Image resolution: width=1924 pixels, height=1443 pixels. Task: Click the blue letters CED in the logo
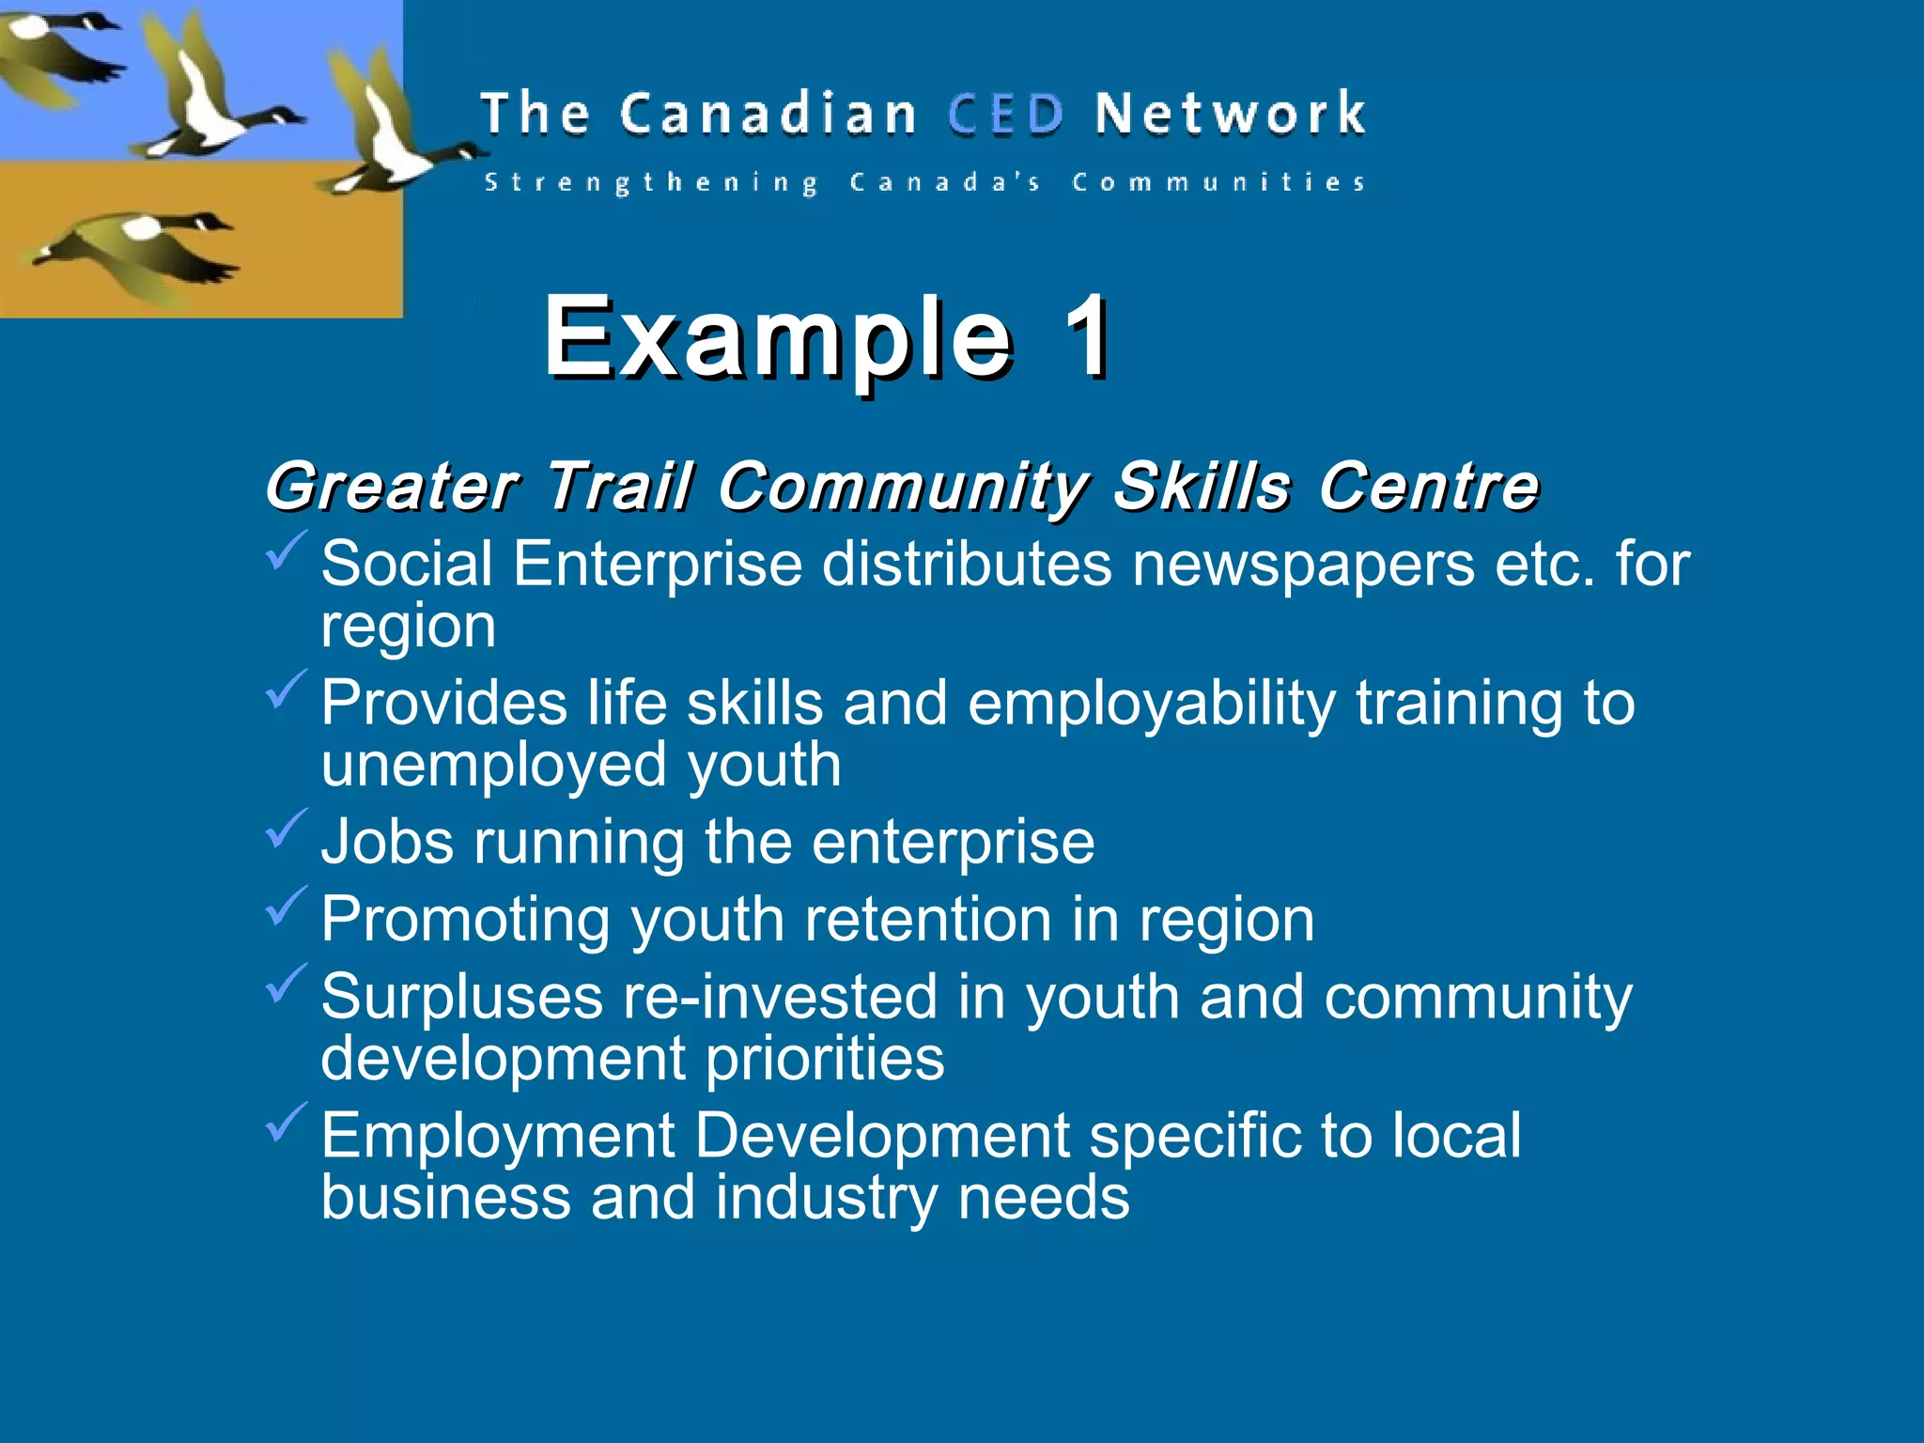(x=1005, y=115)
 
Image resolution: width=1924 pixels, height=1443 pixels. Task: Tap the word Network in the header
(x=1230, y=115)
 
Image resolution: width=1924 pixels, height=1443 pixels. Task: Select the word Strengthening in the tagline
(x=651, y=182)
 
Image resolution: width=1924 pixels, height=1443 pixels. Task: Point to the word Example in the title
(x=778, y=338)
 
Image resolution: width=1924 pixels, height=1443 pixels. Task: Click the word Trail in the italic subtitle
(x=619, y=487)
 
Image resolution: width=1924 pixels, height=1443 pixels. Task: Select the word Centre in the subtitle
(x=1428, y=487)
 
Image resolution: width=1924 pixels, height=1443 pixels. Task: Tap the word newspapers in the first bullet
(x=1303, y=564)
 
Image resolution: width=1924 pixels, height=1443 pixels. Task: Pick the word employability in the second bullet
(x=1152, y=704)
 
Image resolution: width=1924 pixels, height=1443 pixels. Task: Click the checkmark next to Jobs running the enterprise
(x=286, y=829)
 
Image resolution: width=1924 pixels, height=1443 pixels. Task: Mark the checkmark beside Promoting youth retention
(x=286, y=906)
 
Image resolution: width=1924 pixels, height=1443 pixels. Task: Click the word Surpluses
(x=461, y=997)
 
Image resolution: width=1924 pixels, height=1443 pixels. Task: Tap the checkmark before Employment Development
(x=286, y=1122)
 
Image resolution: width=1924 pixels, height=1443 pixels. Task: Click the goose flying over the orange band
(x=141, y=249)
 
